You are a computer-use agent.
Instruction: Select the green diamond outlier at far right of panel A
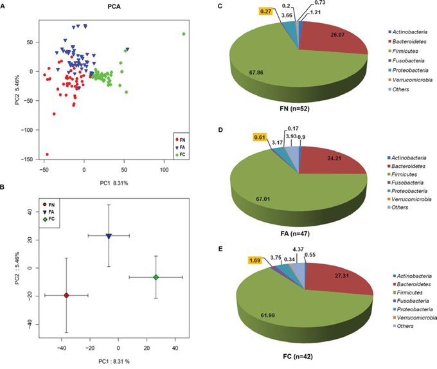pos(184,34)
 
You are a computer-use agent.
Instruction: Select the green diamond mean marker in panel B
pos(156,277)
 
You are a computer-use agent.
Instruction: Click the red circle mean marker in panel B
pos(66,296)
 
